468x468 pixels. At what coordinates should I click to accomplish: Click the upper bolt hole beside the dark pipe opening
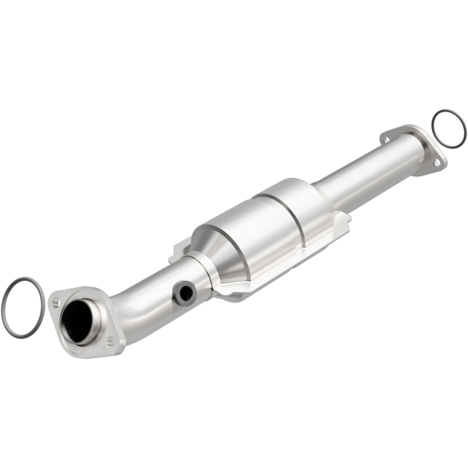(x=56, y=302)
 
